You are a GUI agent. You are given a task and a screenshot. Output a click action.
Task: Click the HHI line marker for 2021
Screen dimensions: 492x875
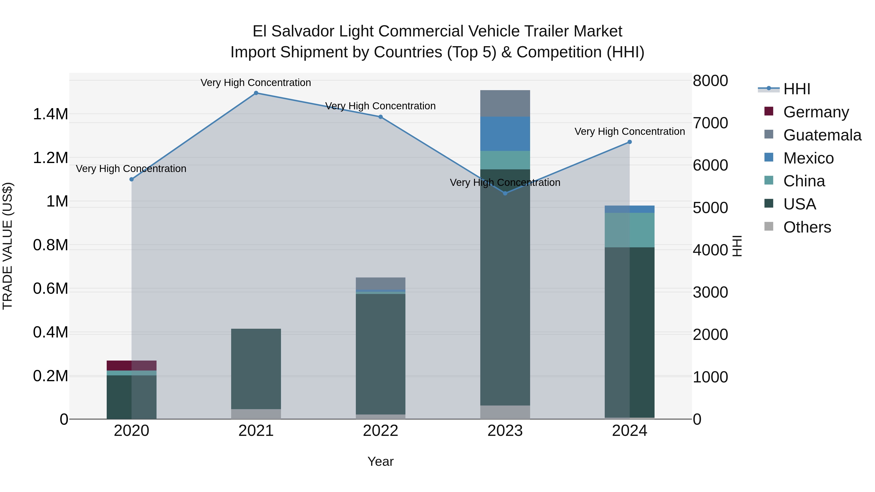[256, 93]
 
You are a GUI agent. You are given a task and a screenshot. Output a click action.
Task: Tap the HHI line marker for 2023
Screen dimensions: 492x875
[505, 193]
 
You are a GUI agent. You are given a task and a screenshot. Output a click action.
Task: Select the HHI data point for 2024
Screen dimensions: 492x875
[630, 142]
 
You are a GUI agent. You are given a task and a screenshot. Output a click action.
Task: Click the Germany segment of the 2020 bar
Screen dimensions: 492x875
[131, 365]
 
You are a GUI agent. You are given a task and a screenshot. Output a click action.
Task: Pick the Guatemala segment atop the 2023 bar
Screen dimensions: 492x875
[505, 103]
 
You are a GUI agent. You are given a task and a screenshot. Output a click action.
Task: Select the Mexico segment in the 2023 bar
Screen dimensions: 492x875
[505, 133]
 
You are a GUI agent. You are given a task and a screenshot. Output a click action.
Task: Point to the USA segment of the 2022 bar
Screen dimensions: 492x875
[380, 353]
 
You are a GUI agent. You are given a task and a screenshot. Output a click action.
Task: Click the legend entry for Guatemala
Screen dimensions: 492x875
[822, 135]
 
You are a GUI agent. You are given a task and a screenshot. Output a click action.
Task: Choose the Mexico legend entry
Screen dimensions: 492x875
[808, 158]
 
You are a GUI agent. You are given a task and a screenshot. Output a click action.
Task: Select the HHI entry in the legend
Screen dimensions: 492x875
[796, 89]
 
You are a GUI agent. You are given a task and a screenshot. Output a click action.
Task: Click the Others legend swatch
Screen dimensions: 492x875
[769, 226]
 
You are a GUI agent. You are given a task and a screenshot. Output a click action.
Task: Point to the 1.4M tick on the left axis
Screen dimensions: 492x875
[50, 114]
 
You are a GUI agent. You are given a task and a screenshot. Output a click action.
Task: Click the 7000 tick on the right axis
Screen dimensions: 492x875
[710, 123]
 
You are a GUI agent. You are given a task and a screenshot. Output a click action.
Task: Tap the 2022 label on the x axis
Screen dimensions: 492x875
[380, 431]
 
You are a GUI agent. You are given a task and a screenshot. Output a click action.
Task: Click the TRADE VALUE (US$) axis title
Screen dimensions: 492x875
[8, 246]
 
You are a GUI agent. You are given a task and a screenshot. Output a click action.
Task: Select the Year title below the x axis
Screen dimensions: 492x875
[380, 461]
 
